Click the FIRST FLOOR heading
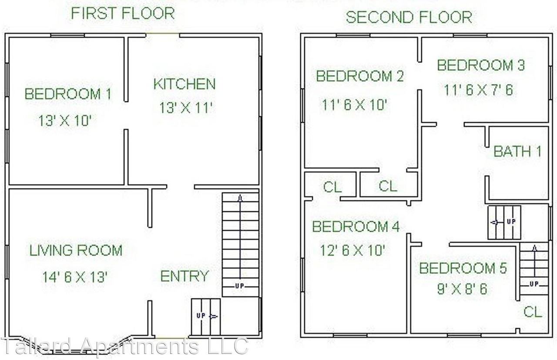click(x=123, y=13)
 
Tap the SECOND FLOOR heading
click(x=409, y=17)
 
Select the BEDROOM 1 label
click(x=67, y=94)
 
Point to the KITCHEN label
click(x=184, y=84)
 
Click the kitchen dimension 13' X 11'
click(x=186, y=108)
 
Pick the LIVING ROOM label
click(x=76, y=250)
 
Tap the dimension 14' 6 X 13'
click(x=75, y=277)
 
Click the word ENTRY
click(x=184, y=276)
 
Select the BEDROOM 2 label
click(x=359, y=76)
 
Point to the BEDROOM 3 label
click(x=481, y=65)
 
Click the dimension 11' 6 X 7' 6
click(x=478, y=90)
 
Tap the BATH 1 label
click(x=517, y=151)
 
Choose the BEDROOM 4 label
click(x=356, y=227)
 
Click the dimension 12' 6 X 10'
click(x=352, y=250)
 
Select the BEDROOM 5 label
click(x=463, y=268)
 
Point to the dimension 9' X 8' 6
click(x=462, y=289)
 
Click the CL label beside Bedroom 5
click(x=532, y=312)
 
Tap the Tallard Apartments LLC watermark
click(x=124, y=346)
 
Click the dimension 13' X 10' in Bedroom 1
click(x=65, y=121)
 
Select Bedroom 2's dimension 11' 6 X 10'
click(x=354, y=105)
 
